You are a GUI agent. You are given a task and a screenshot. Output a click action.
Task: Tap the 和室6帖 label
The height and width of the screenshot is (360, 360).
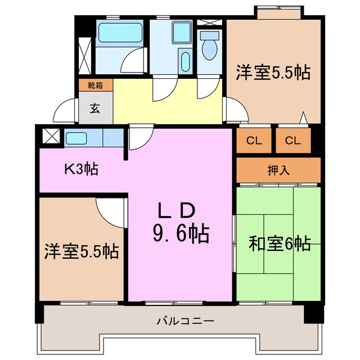[x=280, y=244]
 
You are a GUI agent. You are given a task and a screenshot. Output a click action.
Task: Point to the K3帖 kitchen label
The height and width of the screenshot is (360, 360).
[x=81, y=169]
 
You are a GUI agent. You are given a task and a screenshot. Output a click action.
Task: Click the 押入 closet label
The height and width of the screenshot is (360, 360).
[x=278, y=170]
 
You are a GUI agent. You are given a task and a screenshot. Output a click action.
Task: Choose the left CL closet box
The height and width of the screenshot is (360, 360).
[x=254, y=141]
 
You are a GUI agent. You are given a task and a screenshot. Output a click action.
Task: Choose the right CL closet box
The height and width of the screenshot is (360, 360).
[x=292, y=141]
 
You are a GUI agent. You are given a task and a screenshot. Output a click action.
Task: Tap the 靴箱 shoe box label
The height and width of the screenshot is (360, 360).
[x=95, y=86]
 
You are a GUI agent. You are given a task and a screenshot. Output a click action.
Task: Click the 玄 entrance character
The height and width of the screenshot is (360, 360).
[x=96, y=108]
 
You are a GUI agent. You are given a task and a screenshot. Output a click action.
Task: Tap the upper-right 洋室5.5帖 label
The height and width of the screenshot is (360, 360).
[x=273, y=73]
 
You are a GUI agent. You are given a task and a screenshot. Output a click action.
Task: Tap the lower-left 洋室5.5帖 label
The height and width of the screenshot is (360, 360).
[x=82, y=251]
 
